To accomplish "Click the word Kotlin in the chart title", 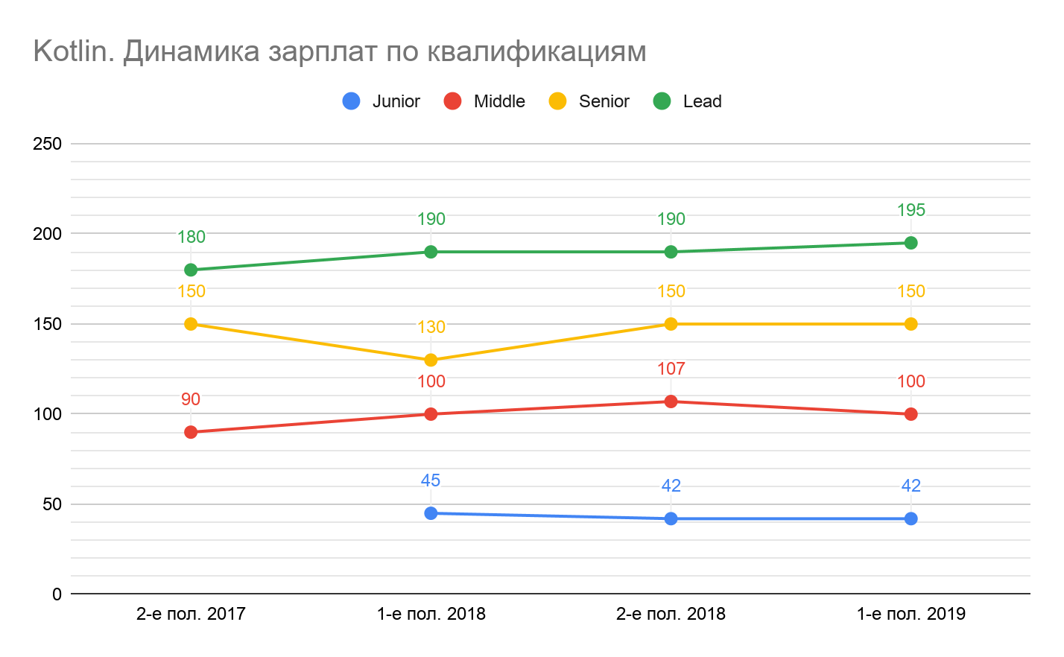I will (x=72, y=51).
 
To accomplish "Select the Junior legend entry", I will (x=381, y=101).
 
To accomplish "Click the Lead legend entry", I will (x=688, y=101).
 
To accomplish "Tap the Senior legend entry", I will (x=589, y=101).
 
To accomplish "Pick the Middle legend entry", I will (x=485, y=101).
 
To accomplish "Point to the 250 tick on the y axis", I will (x=47, y=144).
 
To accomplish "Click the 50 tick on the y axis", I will (x=52, y=504).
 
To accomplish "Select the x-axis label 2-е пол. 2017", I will (x=191, y=615).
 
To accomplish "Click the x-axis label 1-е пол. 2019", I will (x=911, y=615).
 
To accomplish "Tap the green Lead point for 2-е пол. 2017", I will (x=191, y=270).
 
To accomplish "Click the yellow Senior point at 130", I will (x=431, y=360).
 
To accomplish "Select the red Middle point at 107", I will (x=671, y=401).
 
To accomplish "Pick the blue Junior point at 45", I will (x=431, y=513).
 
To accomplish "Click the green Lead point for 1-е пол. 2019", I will (x=911, y=243).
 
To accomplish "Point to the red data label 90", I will (x=191, y=399).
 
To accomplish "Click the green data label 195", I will (x=911, y=210).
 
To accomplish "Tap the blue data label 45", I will (x=431, y=480).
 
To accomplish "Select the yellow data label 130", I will (x=431, y=327).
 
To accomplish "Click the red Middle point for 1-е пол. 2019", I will (x=911, y=414).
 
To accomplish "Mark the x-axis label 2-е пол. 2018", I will (x=671, y=615).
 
